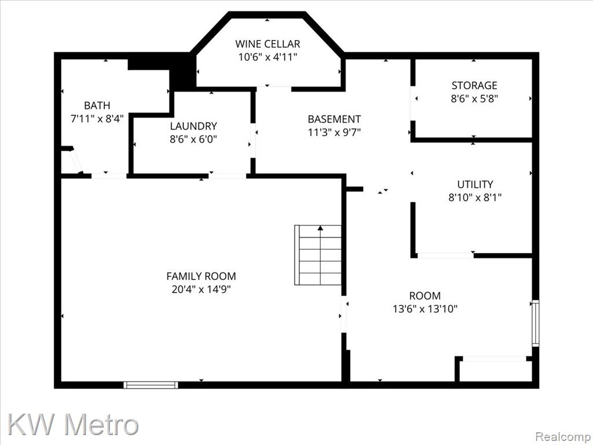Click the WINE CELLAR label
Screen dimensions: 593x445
click(268, 44)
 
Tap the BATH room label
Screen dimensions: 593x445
click(97, 105)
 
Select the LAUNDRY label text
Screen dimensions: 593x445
click(193, 126)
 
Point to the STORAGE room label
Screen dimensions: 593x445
click(474, 85)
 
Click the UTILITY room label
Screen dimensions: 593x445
click(475, 184)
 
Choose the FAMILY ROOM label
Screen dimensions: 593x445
click(201, 276)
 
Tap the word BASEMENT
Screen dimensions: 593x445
click(334, 119)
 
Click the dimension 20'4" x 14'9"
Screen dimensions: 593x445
click(201, 290)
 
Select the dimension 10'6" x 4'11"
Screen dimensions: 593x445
click(268, 57)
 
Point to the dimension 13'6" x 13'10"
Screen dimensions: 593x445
click(425, 309)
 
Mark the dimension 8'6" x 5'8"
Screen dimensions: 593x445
click(474, 99)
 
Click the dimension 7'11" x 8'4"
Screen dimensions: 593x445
click(97, 119)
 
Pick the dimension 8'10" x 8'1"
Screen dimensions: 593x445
click(475, 198)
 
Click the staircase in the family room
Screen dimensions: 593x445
click(318, 255)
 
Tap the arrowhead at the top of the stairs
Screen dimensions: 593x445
click(320, 228)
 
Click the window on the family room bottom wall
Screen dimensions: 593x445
click(151, 385)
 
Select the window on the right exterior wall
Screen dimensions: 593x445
click(536, 323)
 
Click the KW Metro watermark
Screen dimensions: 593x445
click(73, 424)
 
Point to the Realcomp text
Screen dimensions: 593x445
click(563, 436)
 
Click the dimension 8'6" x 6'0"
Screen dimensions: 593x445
click(193, 139)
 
